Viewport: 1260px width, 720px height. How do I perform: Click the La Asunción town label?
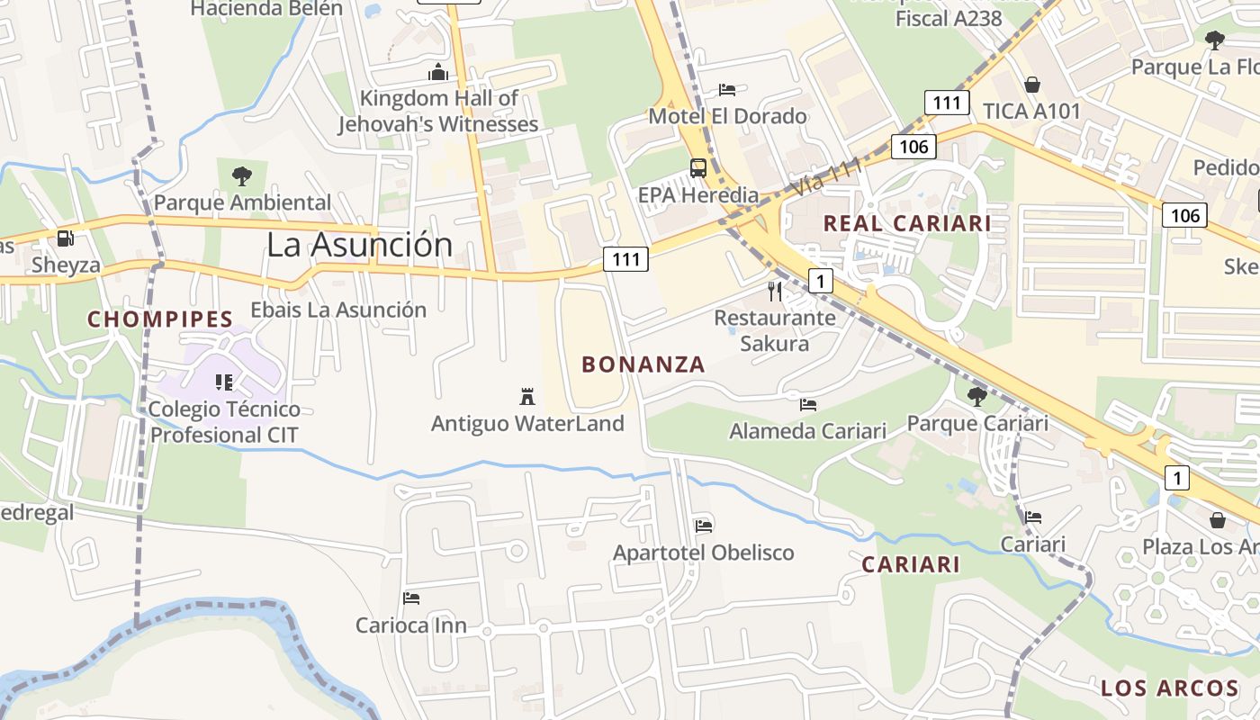pos(359,245)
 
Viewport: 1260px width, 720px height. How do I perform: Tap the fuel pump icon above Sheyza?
pos(65,238)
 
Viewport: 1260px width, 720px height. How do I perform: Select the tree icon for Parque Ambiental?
pos(241,175)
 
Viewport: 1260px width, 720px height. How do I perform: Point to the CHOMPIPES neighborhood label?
pos(160,319)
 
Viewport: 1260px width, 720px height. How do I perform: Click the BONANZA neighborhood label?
pos(643,364)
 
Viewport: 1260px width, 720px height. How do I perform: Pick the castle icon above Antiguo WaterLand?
pos(527,396)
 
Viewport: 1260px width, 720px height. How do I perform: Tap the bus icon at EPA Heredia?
pos(697,167)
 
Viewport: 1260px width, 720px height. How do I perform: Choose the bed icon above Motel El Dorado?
pos(727,90)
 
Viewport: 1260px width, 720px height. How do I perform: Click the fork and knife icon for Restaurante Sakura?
pos(774,291)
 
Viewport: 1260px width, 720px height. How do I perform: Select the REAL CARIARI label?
pos(907,223)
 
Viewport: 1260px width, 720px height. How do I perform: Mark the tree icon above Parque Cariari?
pos(976,396)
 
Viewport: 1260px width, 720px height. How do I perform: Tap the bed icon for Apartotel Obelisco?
pos(704,526)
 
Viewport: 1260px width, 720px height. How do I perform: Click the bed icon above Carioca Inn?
pos(411,598)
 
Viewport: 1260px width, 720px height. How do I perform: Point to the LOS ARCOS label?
pos(1169,688)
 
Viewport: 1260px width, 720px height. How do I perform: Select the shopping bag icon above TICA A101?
pos(1031,85)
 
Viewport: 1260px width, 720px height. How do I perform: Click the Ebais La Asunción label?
pos(338,310)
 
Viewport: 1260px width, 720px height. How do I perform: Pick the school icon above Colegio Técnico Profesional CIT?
pos(224,382)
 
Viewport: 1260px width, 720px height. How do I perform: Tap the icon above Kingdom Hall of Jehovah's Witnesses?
pos(438,72)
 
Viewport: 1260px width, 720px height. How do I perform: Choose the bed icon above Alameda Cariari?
pos(808,405)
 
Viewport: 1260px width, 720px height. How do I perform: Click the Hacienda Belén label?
pos(266,9)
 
